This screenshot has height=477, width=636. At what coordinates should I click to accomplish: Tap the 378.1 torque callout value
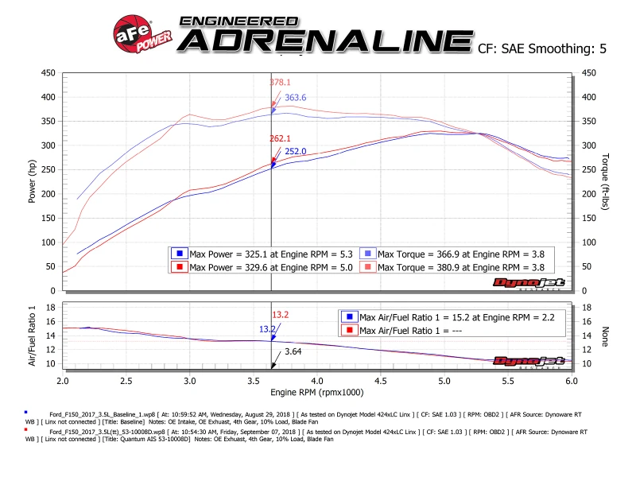[x=281, y=82]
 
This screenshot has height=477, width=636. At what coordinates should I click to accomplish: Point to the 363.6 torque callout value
[x=296, y=98]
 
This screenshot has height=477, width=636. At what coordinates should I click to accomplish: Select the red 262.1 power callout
[x=281, y=138]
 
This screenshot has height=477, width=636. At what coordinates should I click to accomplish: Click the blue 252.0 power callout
[x=296, y=151]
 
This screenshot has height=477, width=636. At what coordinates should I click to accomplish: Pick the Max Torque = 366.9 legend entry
[x=456, y=253]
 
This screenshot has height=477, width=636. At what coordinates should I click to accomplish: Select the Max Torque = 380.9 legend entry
[x=456, y=266]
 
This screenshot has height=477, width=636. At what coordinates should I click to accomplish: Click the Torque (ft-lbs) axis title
[x=606, y=181]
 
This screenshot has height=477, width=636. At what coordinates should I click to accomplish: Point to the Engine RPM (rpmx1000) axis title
[x=317, y=393]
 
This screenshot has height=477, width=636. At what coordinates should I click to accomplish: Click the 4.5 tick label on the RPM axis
[x=381, y=381]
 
